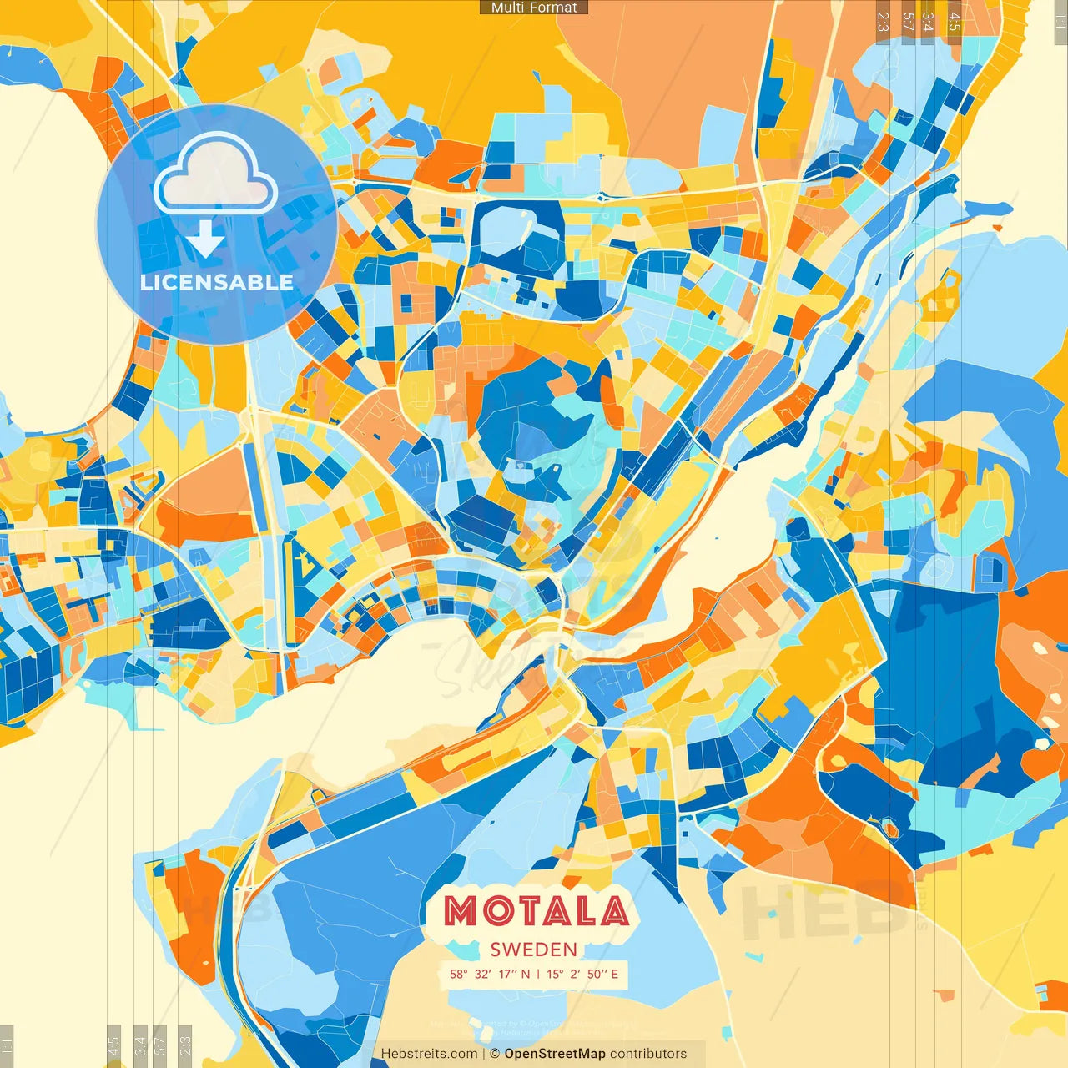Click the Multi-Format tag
point(534,8)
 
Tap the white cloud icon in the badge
point(215,176)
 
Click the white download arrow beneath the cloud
point(205,239)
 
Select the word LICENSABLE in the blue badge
point(217,282)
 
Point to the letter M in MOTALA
point(461,911)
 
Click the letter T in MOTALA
point(537,911)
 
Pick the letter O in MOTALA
point(500,911)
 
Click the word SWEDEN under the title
point(534,950)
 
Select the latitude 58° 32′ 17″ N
point(490,974)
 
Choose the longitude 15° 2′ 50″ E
point(582,974)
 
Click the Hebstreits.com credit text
point(429,1054)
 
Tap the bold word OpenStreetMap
point(555,1054)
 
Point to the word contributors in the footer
point(648,1054)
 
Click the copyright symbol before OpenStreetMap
point(495,1054)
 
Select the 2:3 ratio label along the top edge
point(883,22)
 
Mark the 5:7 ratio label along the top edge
point(908,22)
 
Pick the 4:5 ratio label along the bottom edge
point(114,1045)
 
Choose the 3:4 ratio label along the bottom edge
point(140,1045)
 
